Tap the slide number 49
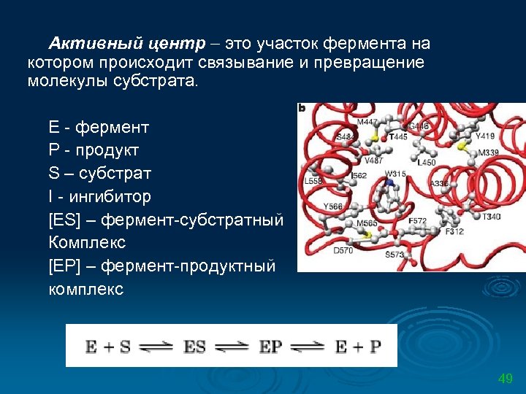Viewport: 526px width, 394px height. click(x=505, y=379)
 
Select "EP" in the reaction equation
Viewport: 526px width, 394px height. click(x=270, y=347)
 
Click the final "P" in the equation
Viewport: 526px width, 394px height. click(x=375, y=347)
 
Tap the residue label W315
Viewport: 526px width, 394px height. click(x=395, y=174)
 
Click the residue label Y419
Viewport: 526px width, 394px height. click(x=484, y=136)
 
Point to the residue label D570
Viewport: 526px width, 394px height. click(x=342, y=250)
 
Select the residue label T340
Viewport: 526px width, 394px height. click(x=491, y=217)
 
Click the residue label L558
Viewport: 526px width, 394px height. click(x=313, y=180)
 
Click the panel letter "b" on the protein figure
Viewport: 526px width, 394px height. click(x=302, y=108)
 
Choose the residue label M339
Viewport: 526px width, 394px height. click(x=489, y=152)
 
